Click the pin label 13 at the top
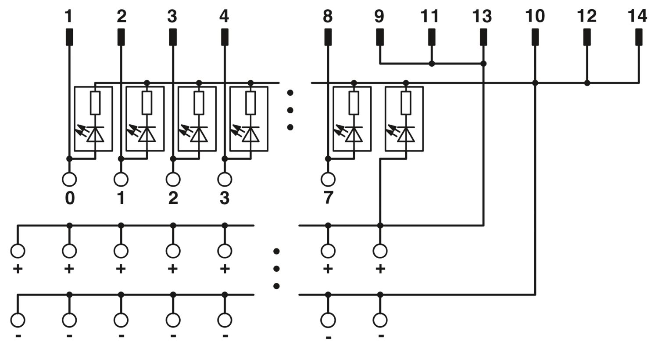click(482, 16)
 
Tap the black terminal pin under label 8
click(328, 37)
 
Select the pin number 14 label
click(637, 16)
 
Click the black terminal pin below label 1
click(69, 37)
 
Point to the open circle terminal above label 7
click(328, 179)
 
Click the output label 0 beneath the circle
click(70, 198)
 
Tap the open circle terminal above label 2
click(173, 179)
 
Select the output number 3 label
click(225, 198)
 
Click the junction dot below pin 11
click(432, 64)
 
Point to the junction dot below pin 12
click(587, 83)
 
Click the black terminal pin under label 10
click(535, 37)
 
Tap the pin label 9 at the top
click(379, 16)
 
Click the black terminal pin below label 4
click(225, 37)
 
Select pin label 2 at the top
click(122, 16)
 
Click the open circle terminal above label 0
click(70, 179)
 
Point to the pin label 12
click(586, 16)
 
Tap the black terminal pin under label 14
click(639, 37)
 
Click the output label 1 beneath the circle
click(121, 198)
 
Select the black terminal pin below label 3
click(173, 37)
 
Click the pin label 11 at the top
click(430, 16)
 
